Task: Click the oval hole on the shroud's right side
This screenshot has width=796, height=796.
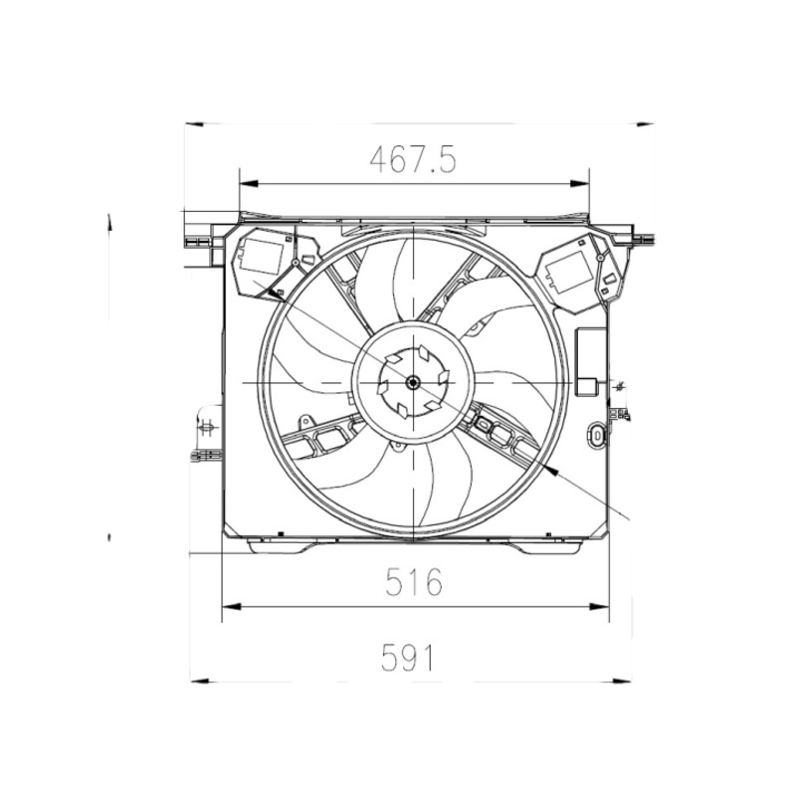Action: coord(597,435)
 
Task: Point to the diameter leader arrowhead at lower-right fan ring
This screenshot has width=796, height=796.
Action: coord(551,467)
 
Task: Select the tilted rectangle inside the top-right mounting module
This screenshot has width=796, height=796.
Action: coord(570,269)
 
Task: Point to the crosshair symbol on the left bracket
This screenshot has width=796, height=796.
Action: coord(207,429)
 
